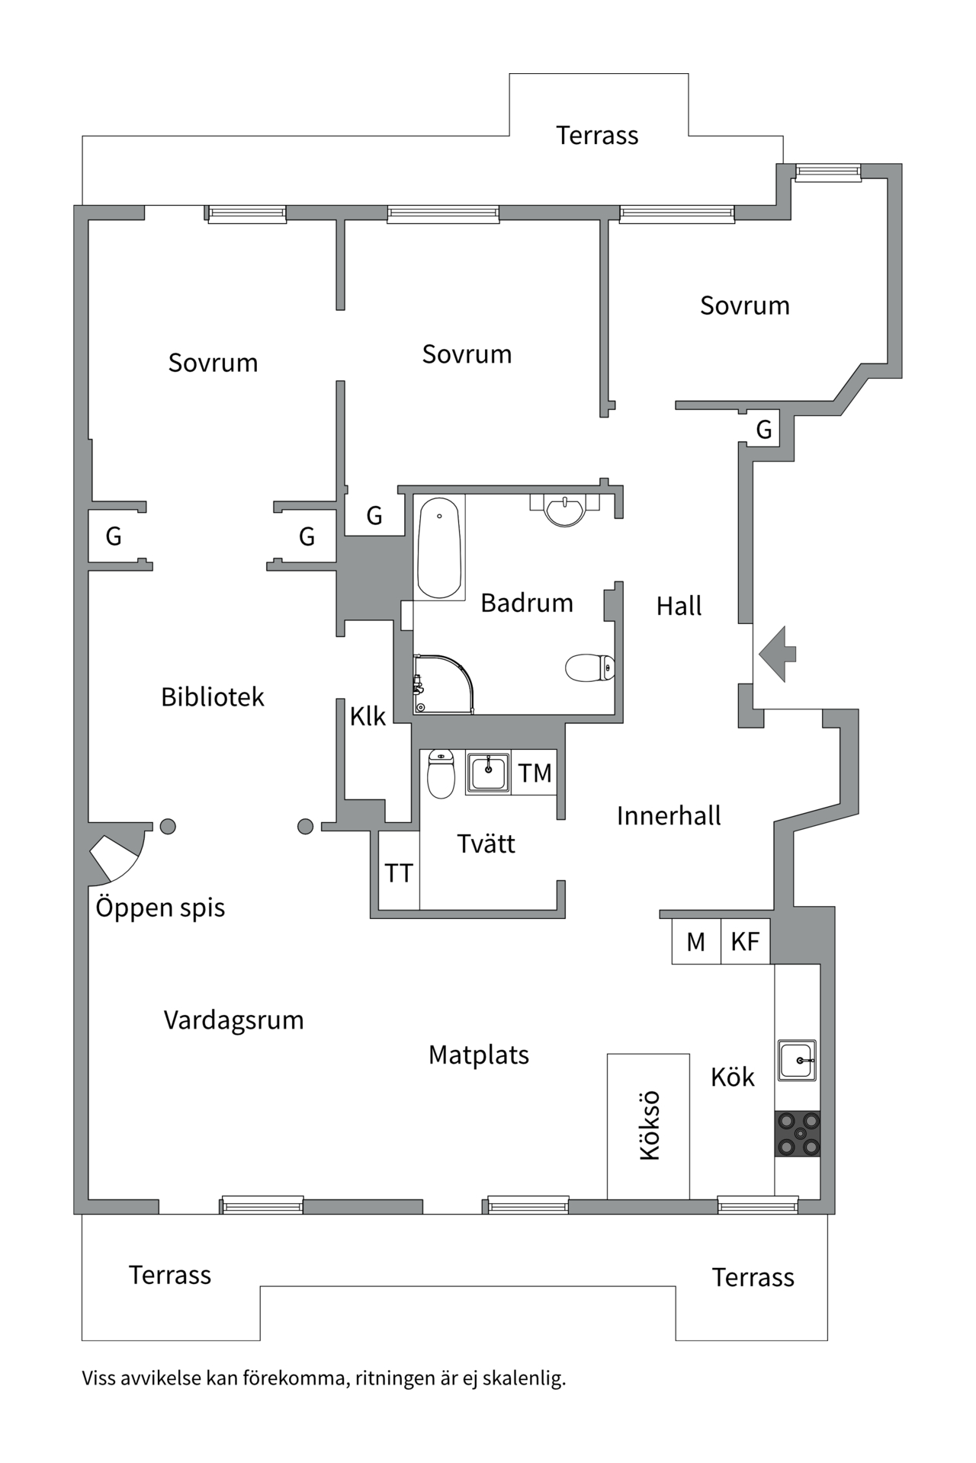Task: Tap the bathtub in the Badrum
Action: click(440, 548)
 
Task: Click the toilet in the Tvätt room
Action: click(441, 773)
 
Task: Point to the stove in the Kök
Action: click(798, 1134)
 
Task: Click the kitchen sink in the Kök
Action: click(797, 1060)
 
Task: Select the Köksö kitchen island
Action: click(648, 1125)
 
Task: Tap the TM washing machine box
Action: click(535, 773)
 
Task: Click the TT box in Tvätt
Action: click(399, 872)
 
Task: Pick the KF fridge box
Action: click(745, 942)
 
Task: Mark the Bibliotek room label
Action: click(213, 697)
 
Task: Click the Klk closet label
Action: click(368, 716)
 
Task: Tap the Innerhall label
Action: click(669, 816)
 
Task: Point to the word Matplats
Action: click(479, 1055)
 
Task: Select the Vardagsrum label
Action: click(234, 1020)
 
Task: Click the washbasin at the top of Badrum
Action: click(565, 510)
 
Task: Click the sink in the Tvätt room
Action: click(488, 773)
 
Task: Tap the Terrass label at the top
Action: click(597, 136)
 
